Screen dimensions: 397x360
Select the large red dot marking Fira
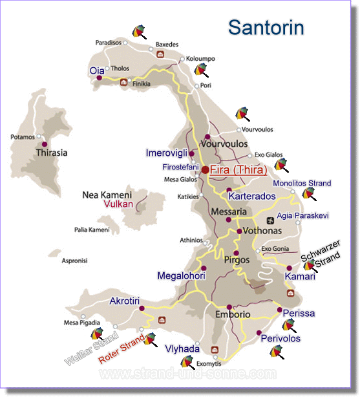click(205, 169)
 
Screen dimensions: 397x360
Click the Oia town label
click(96, 69)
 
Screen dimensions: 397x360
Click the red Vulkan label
click(118, 204)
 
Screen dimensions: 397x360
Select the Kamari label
click(301, 276)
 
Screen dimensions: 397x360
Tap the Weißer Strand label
click(90, 349)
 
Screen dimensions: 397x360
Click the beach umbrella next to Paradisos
click(138, 30)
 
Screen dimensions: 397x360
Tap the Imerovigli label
click(166, 153)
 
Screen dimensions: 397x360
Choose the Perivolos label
click(281, 338)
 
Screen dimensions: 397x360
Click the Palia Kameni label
click(92, 230)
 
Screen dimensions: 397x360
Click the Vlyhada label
click(182, 349)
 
